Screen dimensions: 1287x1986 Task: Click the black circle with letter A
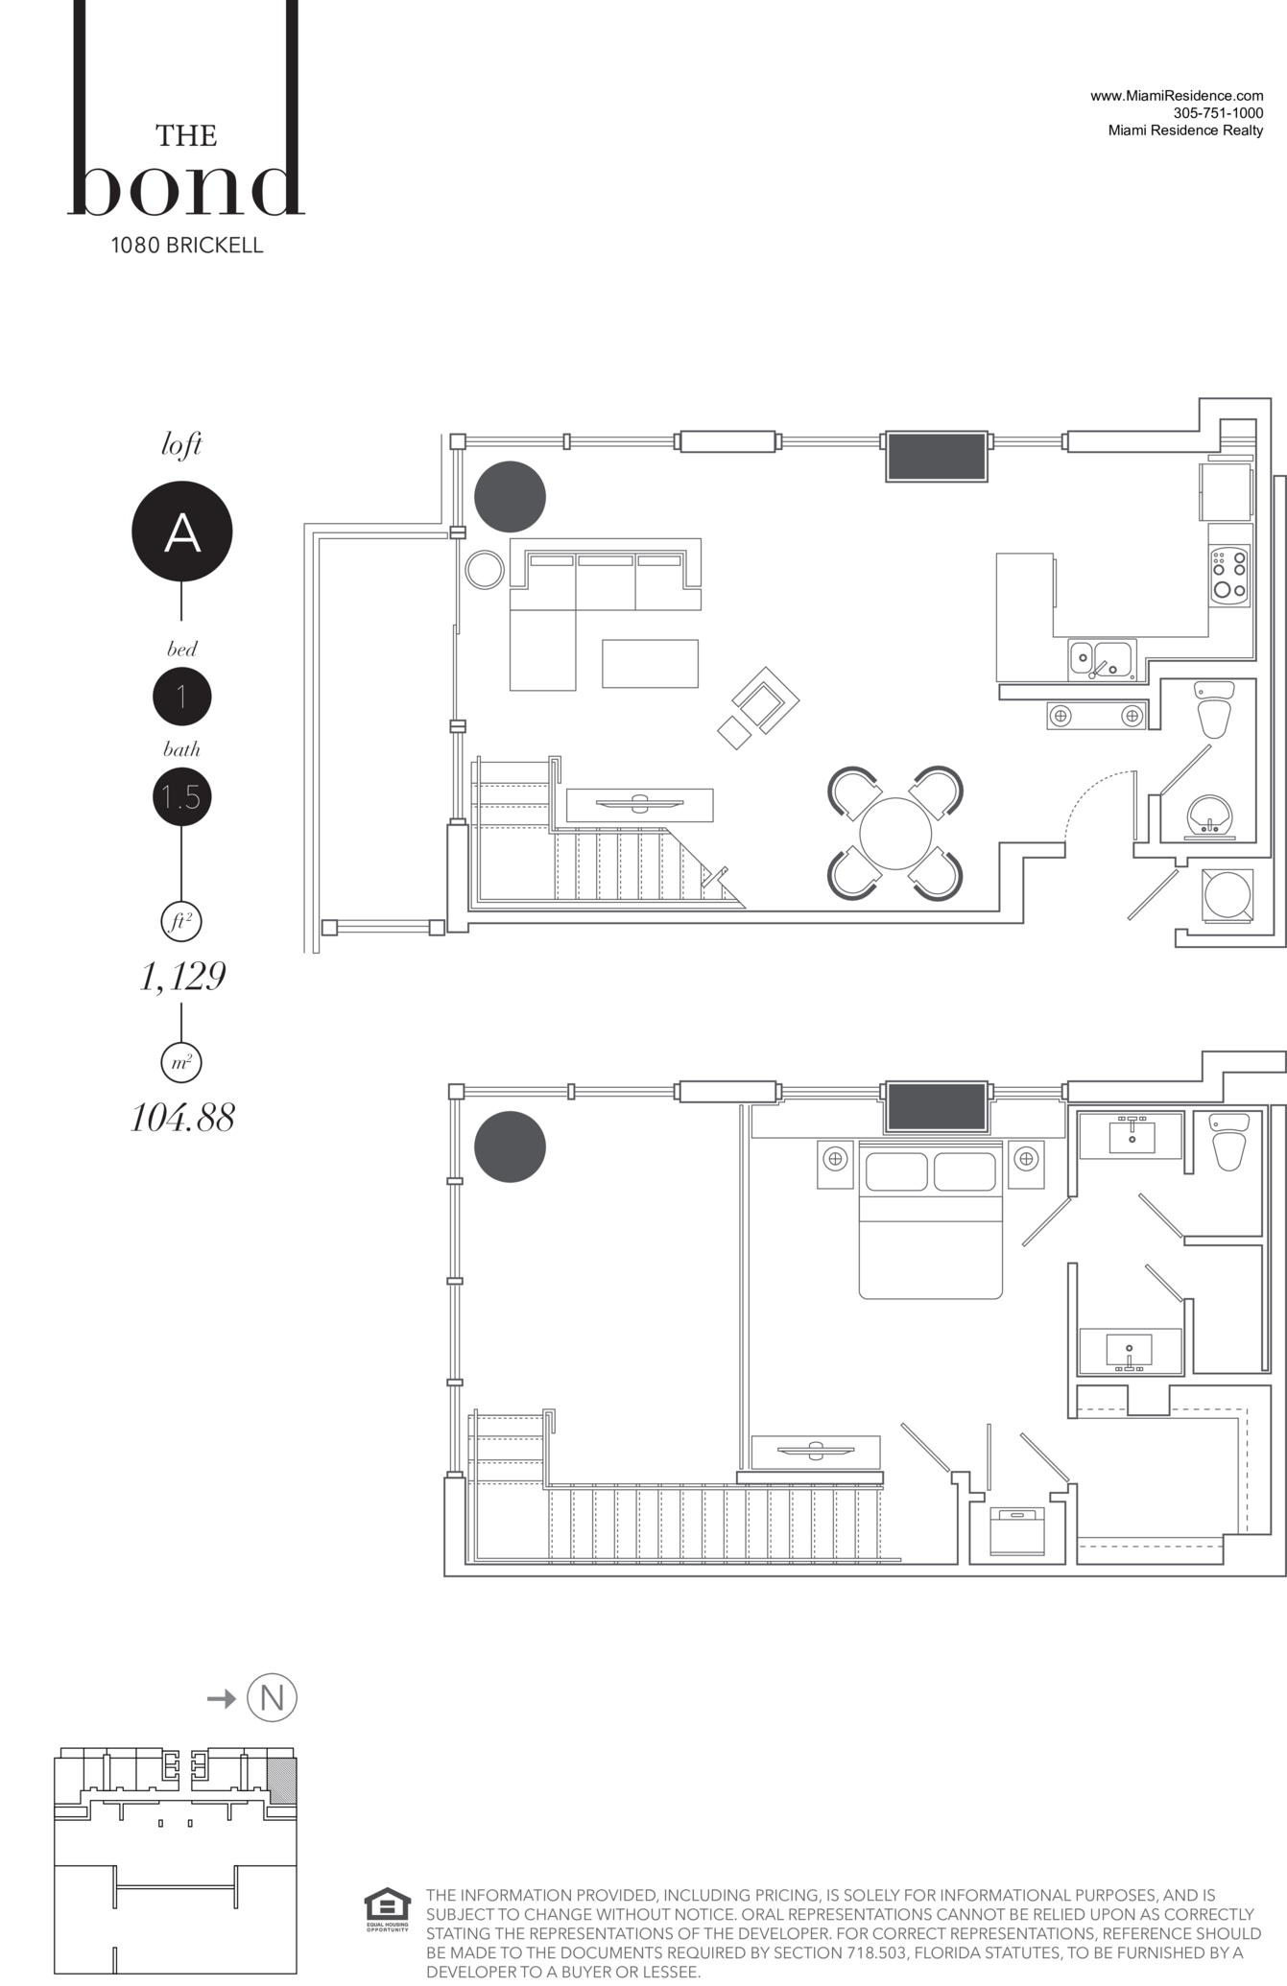[x=181, y=531]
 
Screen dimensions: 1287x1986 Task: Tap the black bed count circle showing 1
[x=181, y=697]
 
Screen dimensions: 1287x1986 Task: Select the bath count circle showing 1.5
[x=181, y=796]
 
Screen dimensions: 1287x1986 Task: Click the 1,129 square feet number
[x=182, y=977]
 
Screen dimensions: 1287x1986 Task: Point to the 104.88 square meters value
[x=182, y=1118]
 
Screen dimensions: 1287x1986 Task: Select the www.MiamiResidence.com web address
[x=1177, y=96]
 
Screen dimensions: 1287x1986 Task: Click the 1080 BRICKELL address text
[x=187, y=245]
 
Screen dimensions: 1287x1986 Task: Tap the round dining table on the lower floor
[x=895, y=833]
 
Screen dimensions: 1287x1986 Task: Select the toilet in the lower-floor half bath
[x=1214, y=710]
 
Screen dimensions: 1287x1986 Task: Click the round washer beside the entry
[x=1227, y=895]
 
